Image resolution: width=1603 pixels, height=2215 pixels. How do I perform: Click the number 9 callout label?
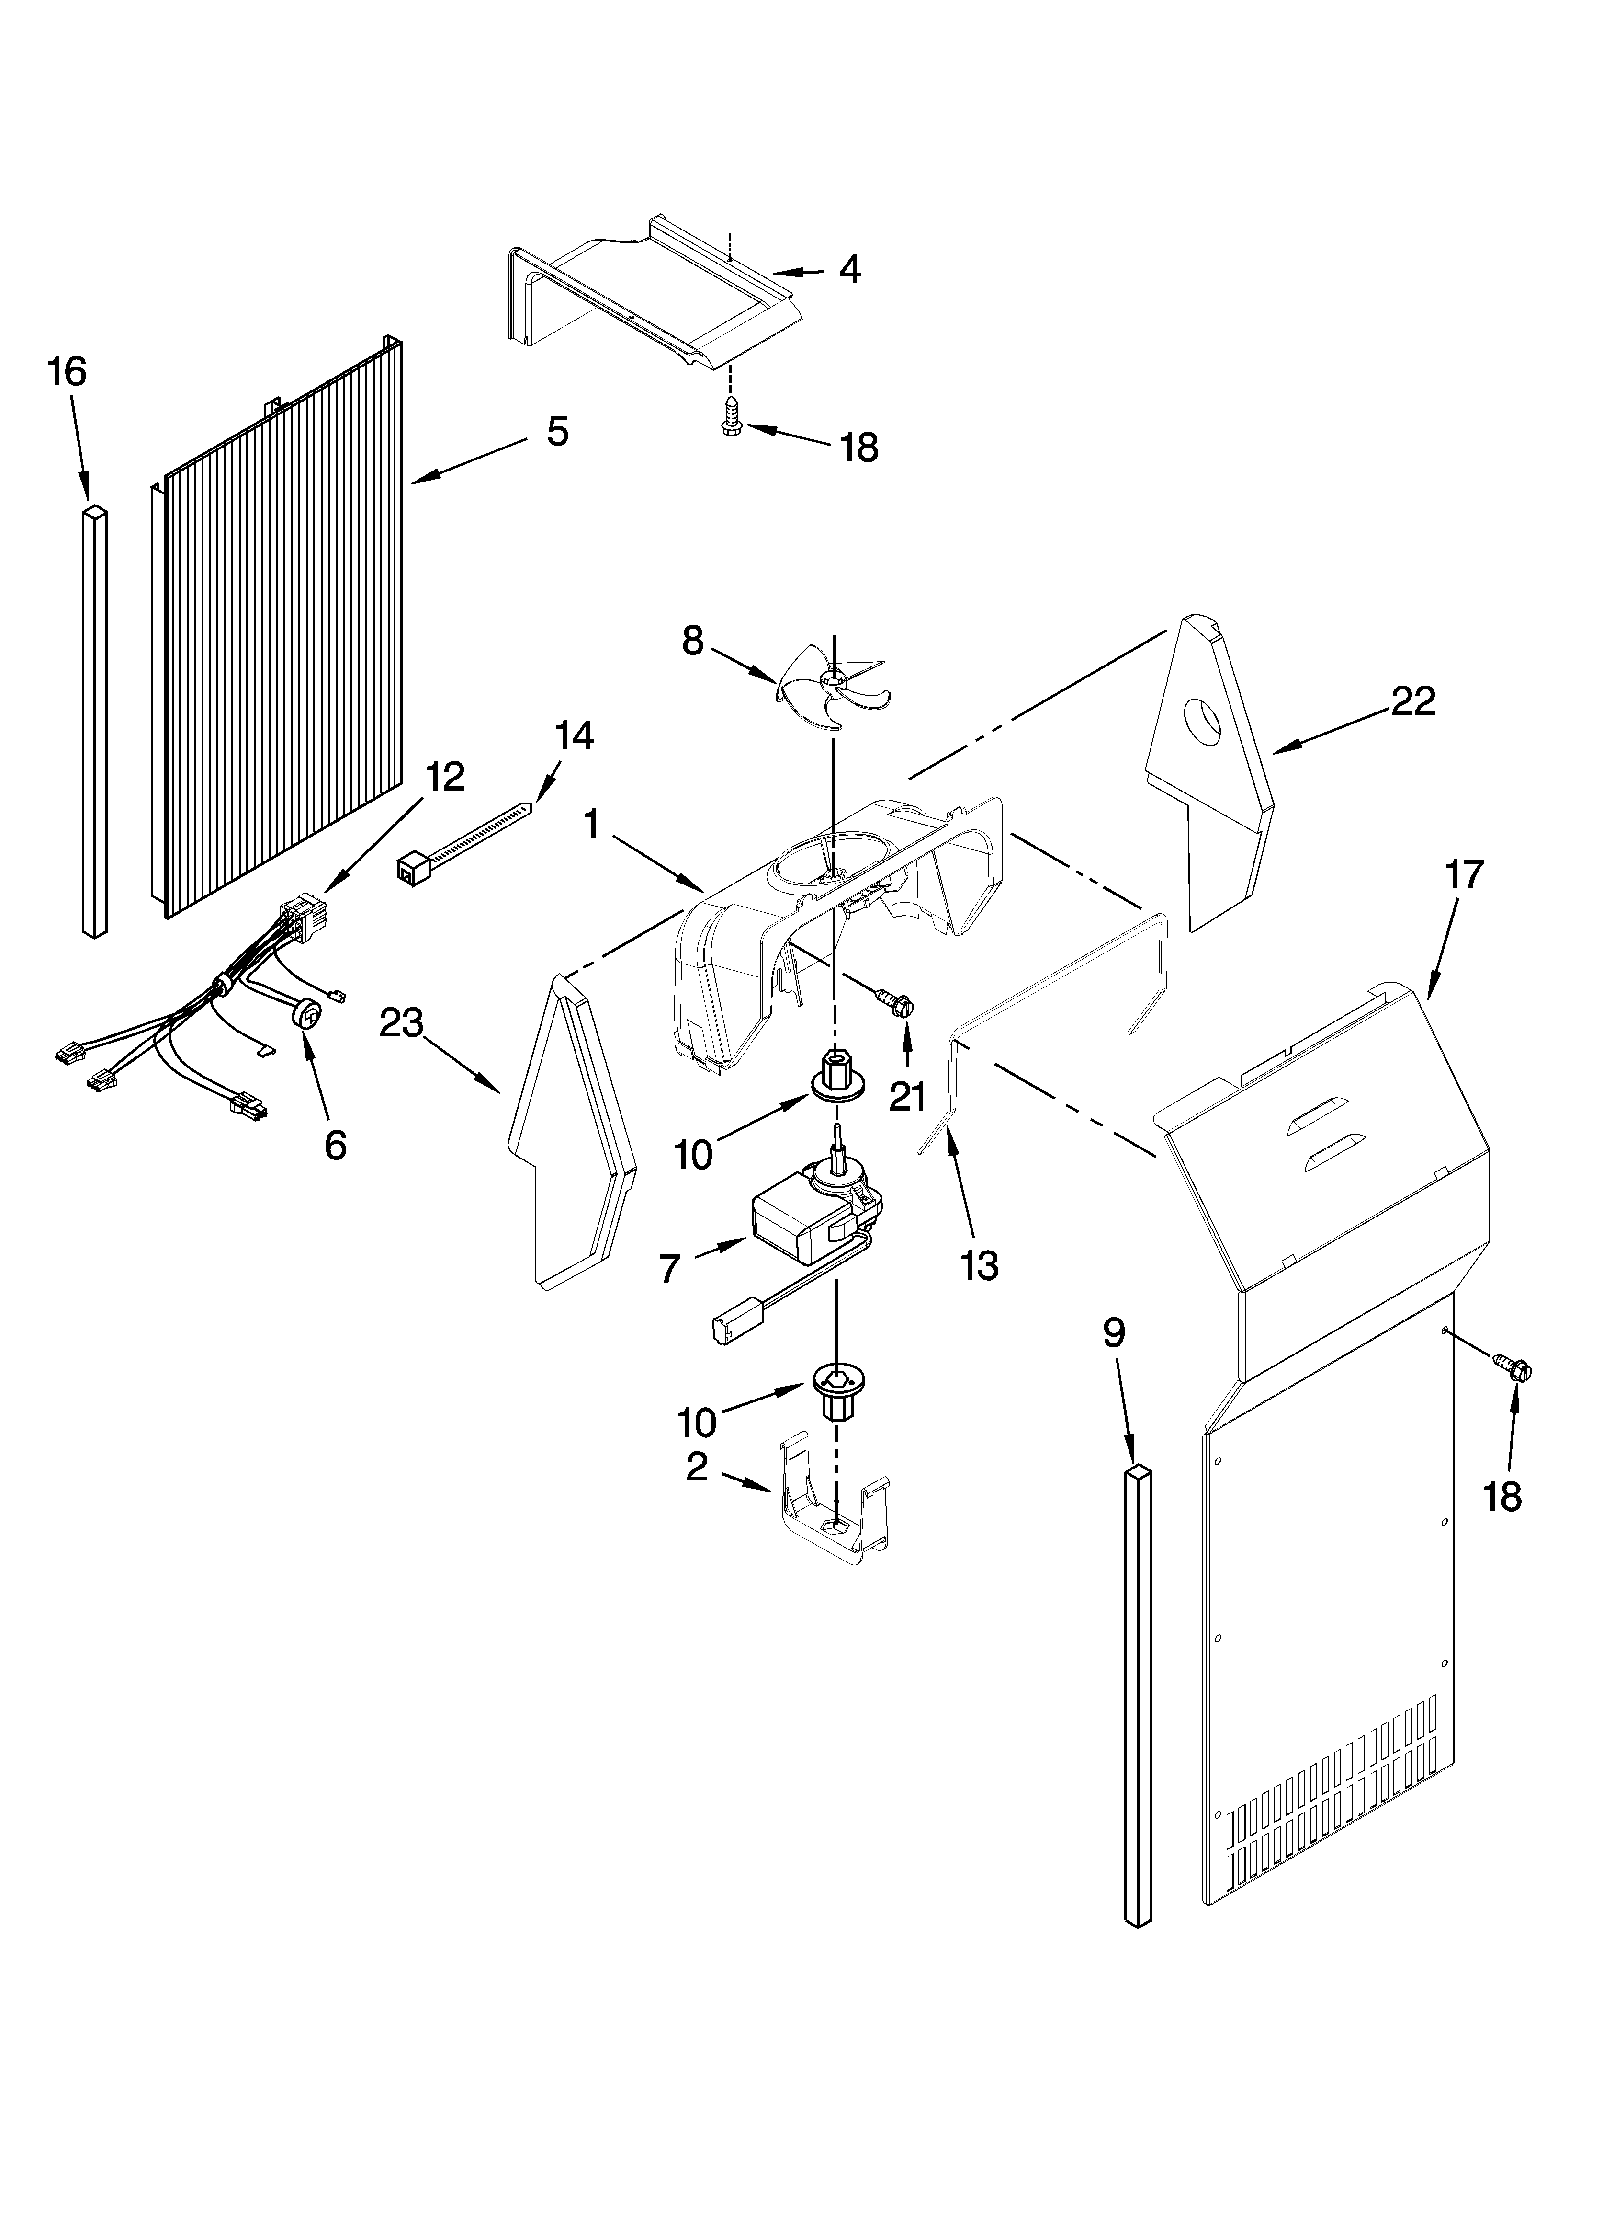click(x=1114, y=1332)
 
